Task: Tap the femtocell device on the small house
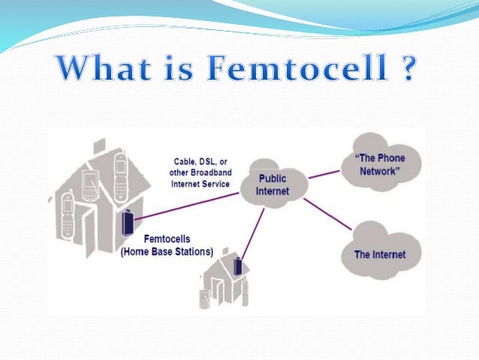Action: [x=239, y=266]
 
